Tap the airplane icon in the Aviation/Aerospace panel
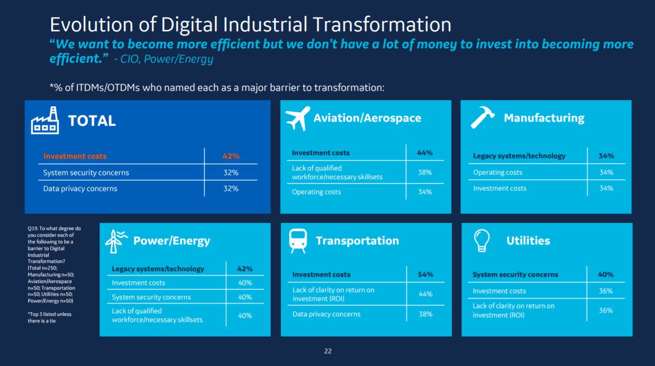298,118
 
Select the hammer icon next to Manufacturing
483,118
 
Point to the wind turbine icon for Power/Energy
116,241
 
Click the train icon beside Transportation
298,241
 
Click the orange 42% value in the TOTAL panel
231,157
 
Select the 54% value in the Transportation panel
426,275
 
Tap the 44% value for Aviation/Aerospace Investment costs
425,153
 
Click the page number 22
328,351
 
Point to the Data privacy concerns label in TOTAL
80,189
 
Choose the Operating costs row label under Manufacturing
497,172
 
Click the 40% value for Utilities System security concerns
606,275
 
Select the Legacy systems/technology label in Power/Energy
158,269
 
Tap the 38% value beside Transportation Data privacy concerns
426,314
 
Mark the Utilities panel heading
528,241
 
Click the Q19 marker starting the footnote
32,228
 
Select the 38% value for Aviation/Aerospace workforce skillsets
425,172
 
